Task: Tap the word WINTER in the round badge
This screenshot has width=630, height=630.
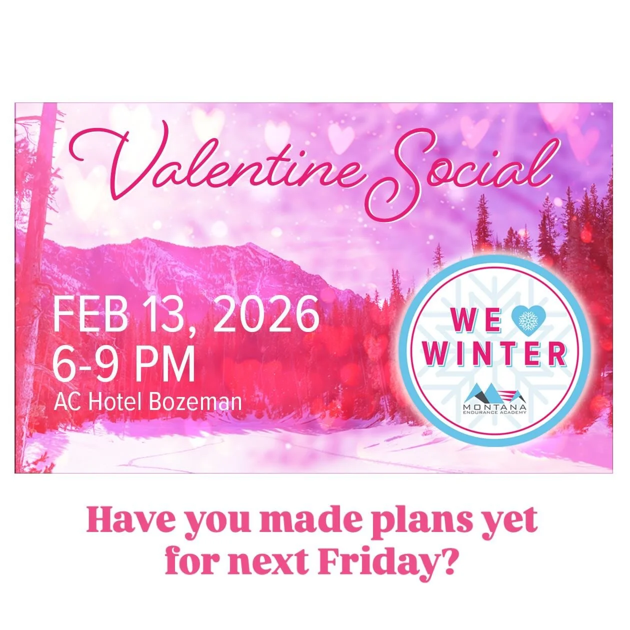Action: pyautogui.click(x=494, y=354)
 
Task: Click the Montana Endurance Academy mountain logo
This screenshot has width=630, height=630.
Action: pyautogui.click(x=494, y=393)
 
